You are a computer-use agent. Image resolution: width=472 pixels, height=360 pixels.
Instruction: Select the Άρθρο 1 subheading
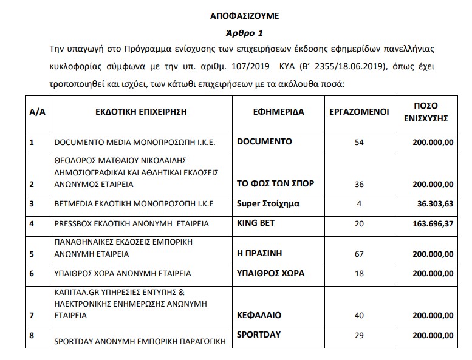(237, 33)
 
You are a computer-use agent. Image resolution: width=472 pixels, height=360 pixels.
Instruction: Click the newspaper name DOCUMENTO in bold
(264, 141)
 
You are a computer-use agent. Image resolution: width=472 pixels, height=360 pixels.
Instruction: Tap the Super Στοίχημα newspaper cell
(268, 203)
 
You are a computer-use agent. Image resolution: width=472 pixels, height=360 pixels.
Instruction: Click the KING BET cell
(255, 223)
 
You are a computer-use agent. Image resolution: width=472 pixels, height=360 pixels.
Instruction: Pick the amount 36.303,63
(432, 204)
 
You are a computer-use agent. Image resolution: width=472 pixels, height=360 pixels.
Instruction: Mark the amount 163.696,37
(429, 224)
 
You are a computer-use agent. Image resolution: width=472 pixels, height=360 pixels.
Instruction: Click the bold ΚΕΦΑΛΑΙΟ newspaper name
(259, 316)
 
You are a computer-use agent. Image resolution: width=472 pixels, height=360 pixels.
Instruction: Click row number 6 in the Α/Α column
(31, 274)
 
